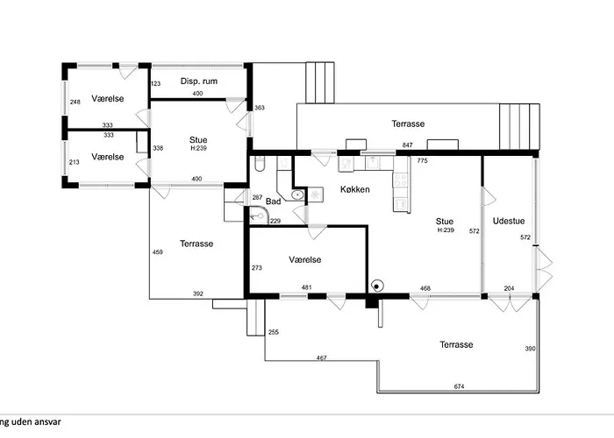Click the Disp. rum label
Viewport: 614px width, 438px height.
click(x=199, y=81)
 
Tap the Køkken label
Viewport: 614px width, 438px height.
click(x=354, y=190)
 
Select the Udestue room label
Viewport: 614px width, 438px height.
click(x=509, y=221)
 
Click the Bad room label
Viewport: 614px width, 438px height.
click(x=274, y=201)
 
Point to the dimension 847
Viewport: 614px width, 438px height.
click(x=408, y=145)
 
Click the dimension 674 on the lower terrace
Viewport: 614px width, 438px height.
click(x=459, y=386)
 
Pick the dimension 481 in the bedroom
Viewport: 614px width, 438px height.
click(x=307, y=287)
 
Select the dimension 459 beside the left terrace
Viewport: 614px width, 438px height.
click(x=157, y=252)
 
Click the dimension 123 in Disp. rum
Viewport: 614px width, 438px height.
click(x=155, y=83)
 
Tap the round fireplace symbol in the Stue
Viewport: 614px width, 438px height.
click(x=376, y=286)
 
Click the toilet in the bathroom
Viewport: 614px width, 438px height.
click(x=260, y=164)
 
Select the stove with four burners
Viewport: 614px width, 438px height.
click(x=400, y=180)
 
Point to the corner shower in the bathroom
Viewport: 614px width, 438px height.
click(x=259, y=215)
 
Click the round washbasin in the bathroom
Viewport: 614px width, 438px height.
click(x=297, y=194)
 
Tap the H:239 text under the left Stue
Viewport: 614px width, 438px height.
click(x=198, y=148)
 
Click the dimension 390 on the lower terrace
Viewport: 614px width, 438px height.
click(x=530, y=349)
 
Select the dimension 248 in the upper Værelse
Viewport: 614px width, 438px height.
click(x=75, y=102)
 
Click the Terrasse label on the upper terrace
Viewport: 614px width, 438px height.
click(x=408, y=124)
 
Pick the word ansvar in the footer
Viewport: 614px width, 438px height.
click(x=48, y=422)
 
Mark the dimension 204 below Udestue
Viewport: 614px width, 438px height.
click(x=509, y=288)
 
